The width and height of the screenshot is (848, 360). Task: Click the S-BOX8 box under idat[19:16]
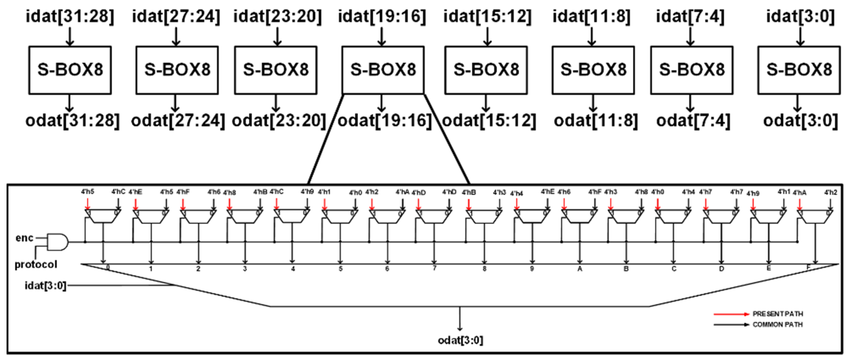click(x=383, y=70)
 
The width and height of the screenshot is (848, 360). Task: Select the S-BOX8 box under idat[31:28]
click(x=70, y=70)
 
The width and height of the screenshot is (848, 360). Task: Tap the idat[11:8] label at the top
click(x=592, y=17)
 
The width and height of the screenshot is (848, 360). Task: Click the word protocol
click(x=36, y=264)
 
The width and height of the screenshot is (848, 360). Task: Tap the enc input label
click(x=24, y=238)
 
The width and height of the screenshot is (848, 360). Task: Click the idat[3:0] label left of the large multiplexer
click(x=45, y=285)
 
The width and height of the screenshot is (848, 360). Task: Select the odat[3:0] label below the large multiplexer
click(x=460, y=340)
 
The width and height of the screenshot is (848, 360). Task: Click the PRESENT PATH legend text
click(x=777, y=314)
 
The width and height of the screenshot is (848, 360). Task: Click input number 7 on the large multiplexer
click(x=434, y=268)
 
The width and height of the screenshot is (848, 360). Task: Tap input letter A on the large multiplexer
click(x=580, y=269)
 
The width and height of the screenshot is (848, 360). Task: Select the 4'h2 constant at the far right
click(x=830, y=192)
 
